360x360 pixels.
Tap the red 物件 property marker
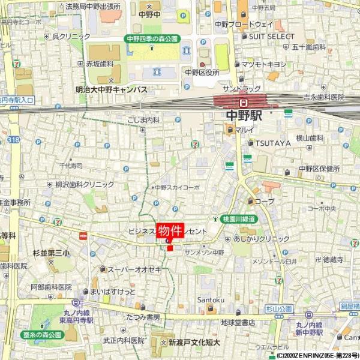170,231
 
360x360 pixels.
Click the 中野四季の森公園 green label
152,38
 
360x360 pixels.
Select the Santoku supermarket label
211,299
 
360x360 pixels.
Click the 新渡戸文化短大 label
194,343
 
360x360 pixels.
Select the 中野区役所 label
200,72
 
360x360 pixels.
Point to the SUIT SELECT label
272,36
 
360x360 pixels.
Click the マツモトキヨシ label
264,63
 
